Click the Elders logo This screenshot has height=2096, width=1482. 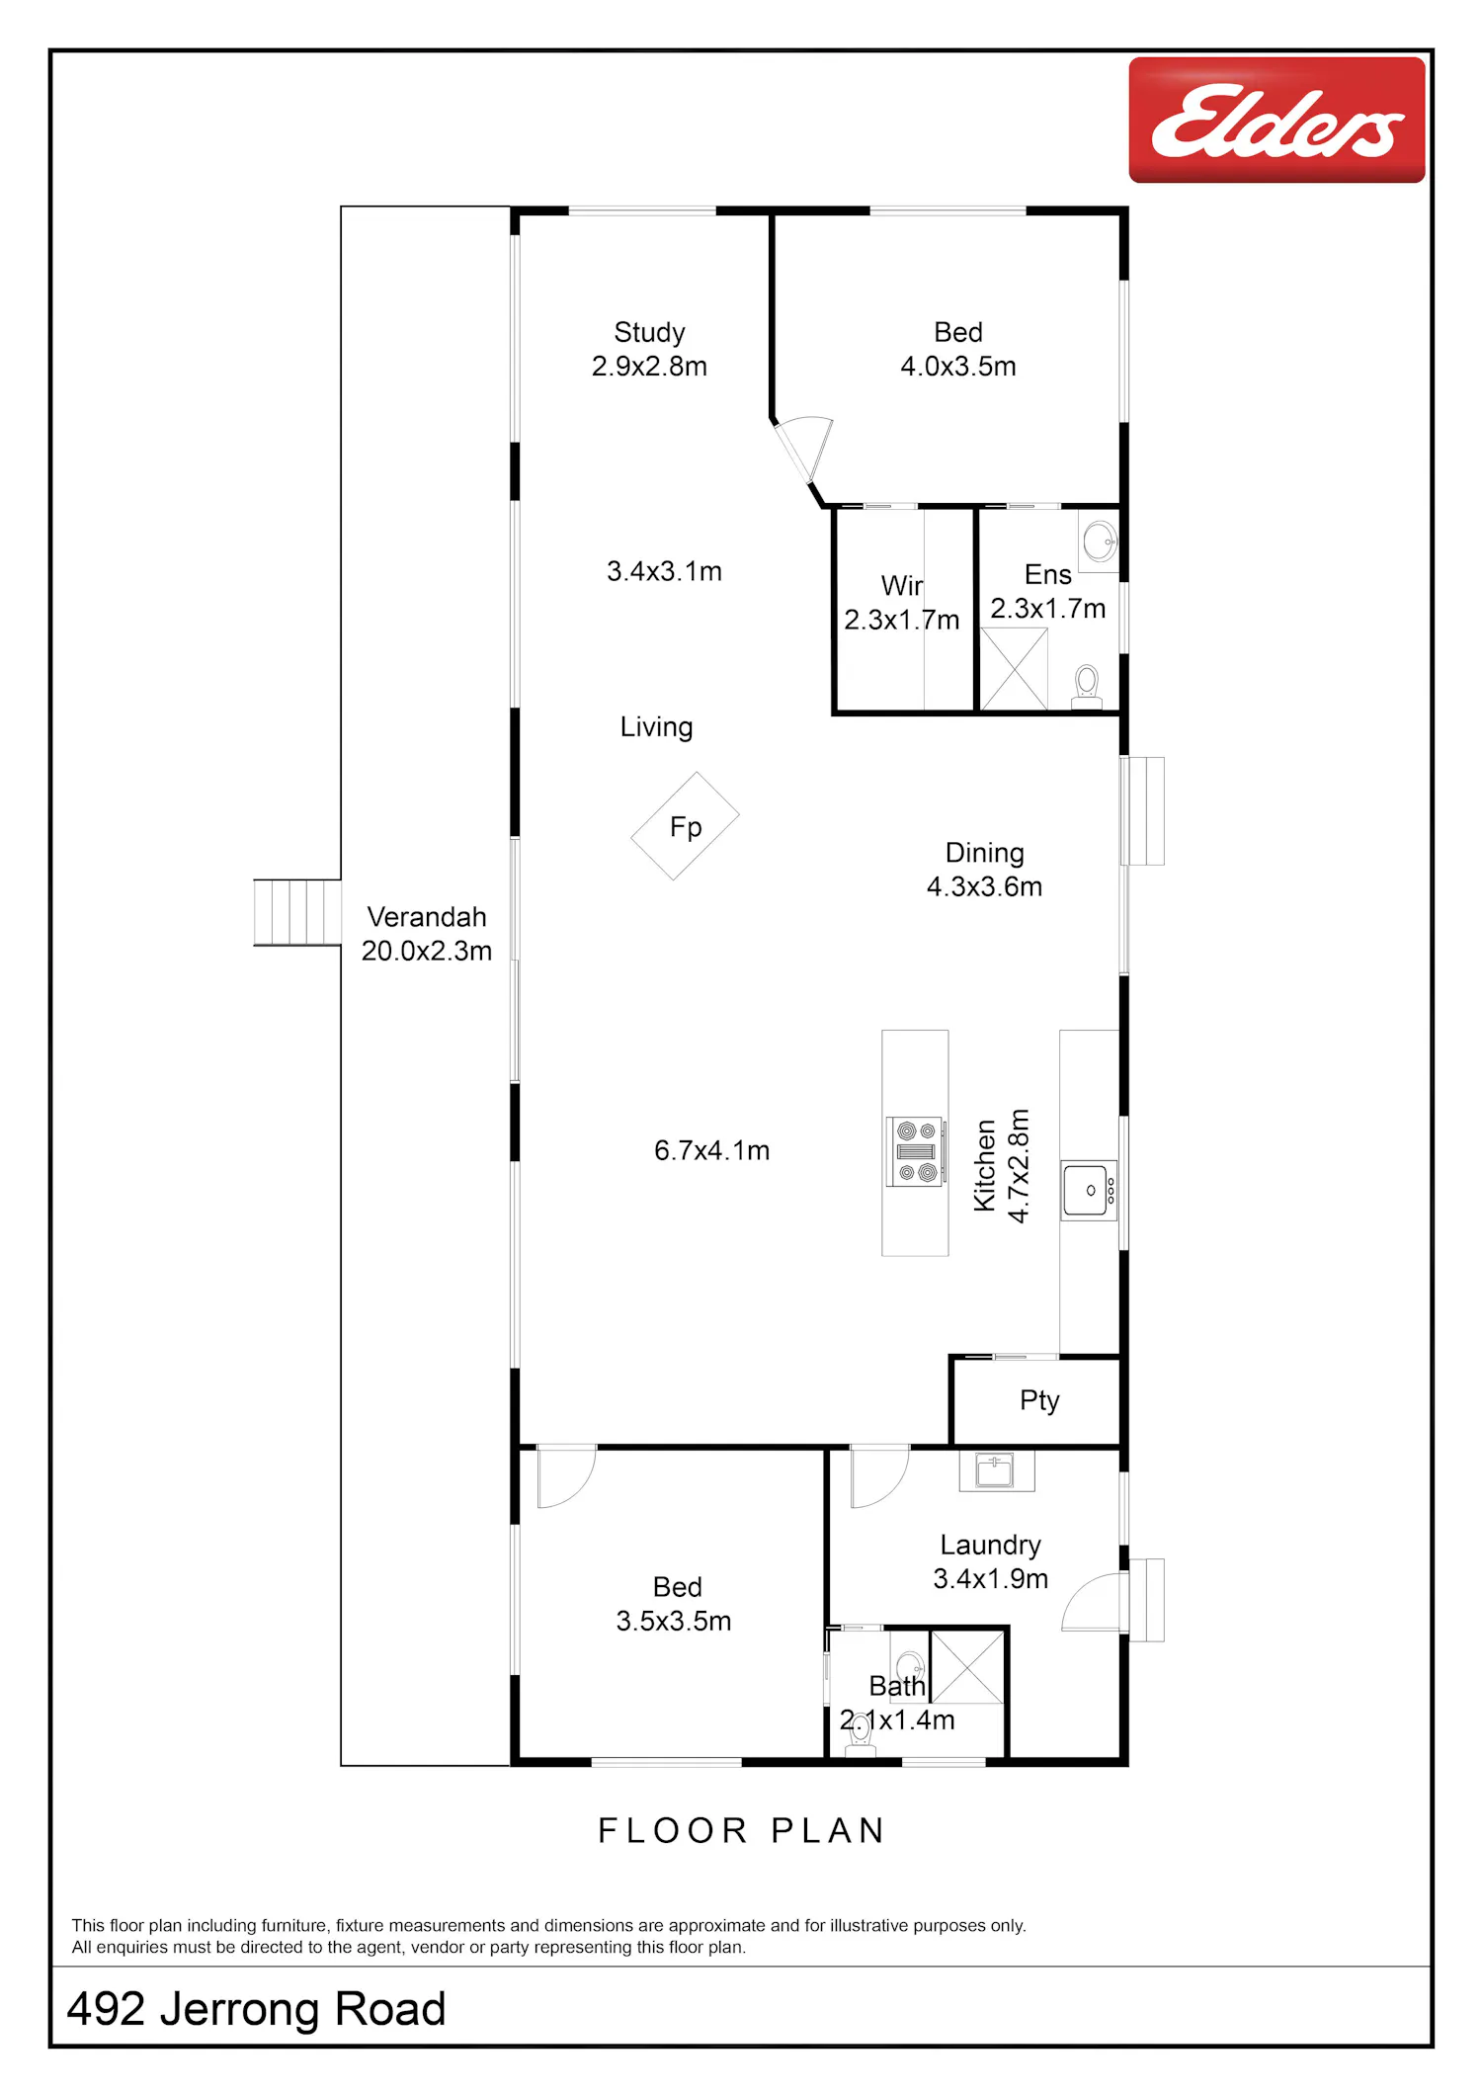tap(1276, 120)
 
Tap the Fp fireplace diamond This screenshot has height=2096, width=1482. tap(686, 826)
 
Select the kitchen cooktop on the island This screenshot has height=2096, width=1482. tap(916, 1151)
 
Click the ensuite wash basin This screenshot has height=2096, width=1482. tap(1100, 541)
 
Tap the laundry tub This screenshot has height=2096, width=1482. tap(996, 1470)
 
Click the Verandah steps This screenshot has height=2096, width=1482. tap(297, 912)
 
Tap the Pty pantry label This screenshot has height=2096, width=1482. tap(1039, 1401)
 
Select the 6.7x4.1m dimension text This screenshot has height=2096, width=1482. tap(711, 1150)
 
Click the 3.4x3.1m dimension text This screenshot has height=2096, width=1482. tap(664, 571)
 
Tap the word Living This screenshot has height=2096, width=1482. tap(656, 727)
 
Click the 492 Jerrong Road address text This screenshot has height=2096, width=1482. tap(256, 2009)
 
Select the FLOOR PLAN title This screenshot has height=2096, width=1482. tap(741, 1831)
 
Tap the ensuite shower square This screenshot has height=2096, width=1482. tap(1014, 669)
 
